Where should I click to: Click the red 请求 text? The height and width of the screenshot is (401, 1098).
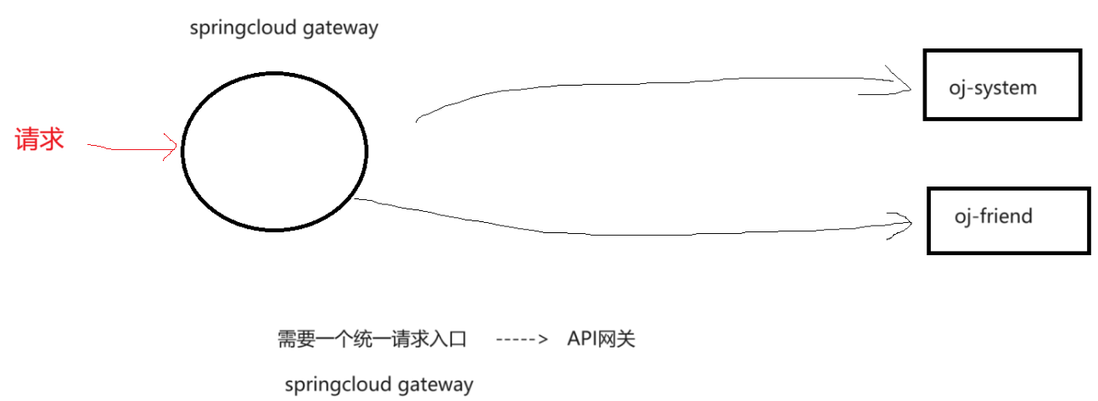(x=39, y=139)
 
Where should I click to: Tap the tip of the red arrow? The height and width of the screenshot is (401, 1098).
(x=176, y=150)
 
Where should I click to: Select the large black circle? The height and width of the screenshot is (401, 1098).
(x=274, y=151)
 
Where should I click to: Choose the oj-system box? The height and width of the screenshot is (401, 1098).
(x=1002, y=85)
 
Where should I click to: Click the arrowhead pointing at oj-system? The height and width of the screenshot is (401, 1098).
(x=903, y=83)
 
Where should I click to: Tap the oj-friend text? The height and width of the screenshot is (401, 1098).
(x=994, y=216)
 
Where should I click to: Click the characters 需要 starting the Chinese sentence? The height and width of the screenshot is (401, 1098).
(x=294, y=340)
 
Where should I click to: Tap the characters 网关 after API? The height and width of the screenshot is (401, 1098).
(x=618, y=340)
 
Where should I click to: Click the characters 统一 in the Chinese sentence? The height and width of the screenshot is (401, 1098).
(x=356, y=340)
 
